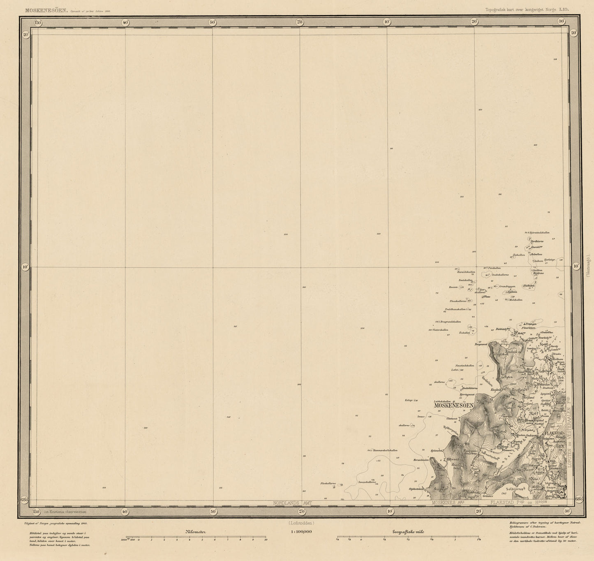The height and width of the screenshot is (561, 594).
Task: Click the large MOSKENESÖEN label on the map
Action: [454, 406]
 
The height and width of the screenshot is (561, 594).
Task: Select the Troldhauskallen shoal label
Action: [455, 309]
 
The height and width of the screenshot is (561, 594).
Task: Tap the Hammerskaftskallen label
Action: [385, 450]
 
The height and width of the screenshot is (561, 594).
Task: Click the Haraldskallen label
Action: [466, 272]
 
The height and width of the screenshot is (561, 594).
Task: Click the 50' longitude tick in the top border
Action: [213, 22]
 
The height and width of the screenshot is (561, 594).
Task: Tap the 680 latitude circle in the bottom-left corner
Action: [25, 500]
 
